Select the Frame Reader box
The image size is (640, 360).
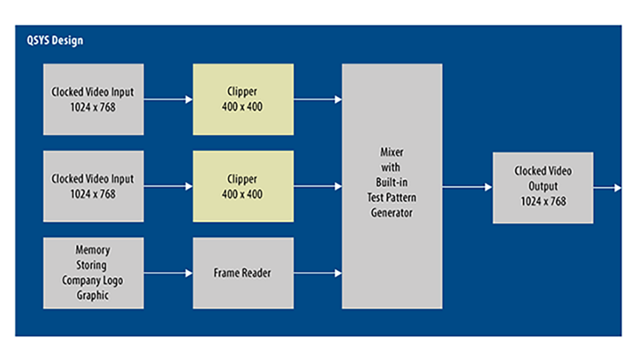[243, 273]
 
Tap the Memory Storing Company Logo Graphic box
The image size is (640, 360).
[93, 273]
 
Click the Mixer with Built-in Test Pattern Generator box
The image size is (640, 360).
[392, 186]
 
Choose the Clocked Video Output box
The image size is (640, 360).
[543, 187]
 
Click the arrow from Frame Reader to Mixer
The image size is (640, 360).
[317, 273]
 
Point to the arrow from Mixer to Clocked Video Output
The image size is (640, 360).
[467, 187]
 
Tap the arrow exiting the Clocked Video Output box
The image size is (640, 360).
[607, 187]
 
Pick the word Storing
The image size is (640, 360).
[93, 265]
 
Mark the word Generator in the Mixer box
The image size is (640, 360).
[392, 213]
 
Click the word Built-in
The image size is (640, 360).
[392, 181]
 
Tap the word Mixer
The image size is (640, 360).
[392, 152]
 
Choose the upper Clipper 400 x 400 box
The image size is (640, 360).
[243, 99]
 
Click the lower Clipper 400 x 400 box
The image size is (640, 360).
[243, 186]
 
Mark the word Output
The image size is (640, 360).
[543, 187]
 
